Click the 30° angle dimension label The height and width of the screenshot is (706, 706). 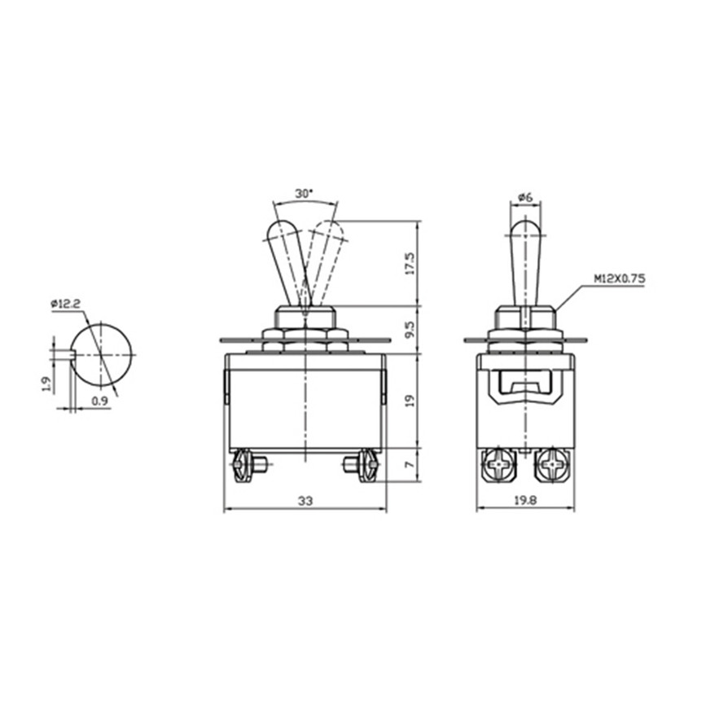click(x=303, y=194)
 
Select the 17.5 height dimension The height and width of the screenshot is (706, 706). click(x=410, y=262)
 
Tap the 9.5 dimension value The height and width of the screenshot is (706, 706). click(x=410, y=328)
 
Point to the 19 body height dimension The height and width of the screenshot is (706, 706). click(x=410, y=400)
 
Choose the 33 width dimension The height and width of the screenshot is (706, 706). click(x=305, y=502)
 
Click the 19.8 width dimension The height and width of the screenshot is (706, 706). click(x=524, y=502)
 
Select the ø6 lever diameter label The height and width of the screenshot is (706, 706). click(x=525, y=197)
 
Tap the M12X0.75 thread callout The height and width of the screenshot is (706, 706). click(x=619, y=278)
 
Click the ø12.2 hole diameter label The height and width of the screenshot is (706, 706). click(x=66, y=304)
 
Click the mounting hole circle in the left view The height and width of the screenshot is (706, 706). click(x=102, y=355)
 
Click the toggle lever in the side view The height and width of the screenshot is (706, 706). click(x=525, y=257)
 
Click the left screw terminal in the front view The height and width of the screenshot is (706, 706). click(x=243, y=466)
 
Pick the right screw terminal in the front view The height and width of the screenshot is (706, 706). click(x=366, y=466)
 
